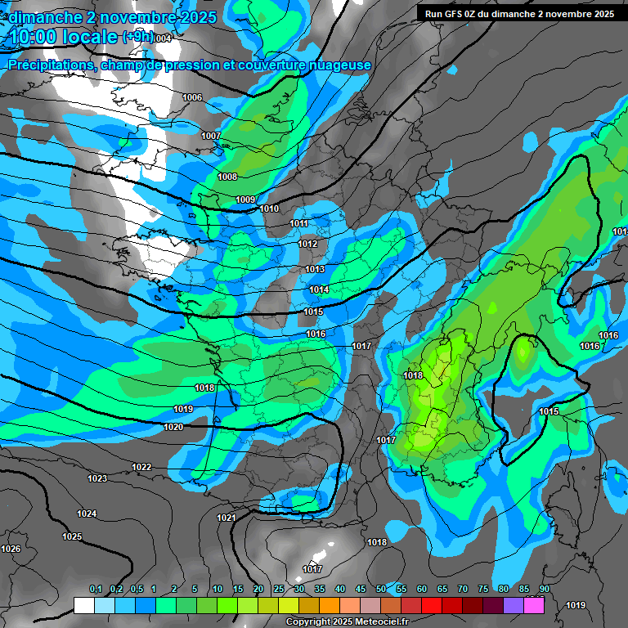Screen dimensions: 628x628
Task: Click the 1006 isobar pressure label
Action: (192, 97)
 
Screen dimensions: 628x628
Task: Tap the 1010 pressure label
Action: (269, 209)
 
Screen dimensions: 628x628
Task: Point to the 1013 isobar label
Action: (315, 269)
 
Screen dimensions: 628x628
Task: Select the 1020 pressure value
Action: (173, 427)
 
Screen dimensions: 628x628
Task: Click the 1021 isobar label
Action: (227, 518)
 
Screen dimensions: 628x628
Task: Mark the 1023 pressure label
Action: (97, 478)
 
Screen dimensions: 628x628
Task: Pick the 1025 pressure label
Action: (72, 536)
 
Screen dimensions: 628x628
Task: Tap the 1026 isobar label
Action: (11, 549)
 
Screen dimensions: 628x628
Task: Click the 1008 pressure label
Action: (227, 177)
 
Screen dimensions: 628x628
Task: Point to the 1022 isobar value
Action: (141, 467)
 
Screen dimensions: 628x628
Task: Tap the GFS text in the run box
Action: (454, 14)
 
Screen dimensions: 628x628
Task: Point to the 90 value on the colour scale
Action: (544, 589)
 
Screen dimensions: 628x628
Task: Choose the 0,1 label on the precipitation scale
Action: (95, 589)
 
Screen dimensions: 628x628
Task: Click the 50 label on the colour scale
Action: (381, 589)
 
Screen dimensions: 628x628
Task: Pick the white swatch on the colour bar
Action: (83, 605)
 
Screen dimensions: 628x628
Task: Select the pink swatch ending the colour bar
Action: (534, 605)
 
